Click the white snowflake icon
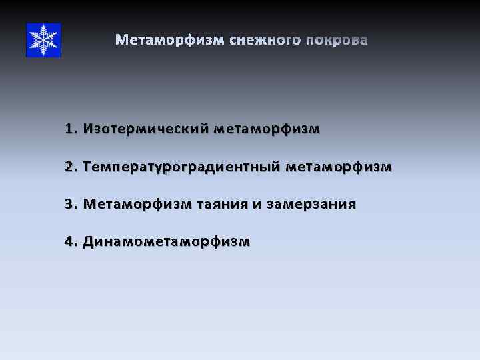click(x=43, y=40)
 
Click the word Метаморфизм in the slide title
click(x=170, y=41)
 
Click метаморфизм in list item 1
click(x=267, y=129)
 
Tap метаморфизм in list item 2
click(x=339, y=166)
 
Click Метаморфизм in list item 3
click(x=137, y=204)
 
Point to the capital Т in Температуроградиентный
click(x=87, y=166)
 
